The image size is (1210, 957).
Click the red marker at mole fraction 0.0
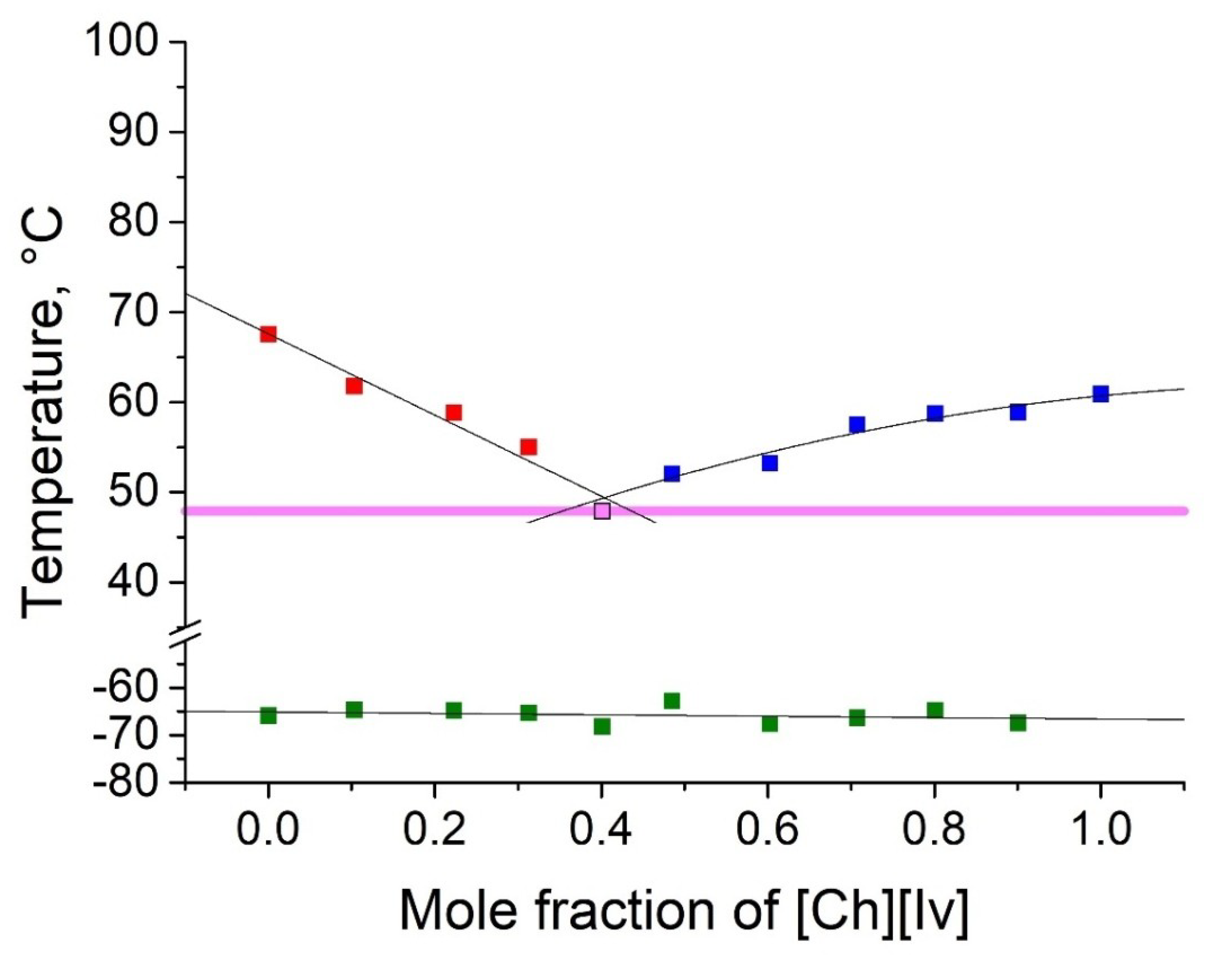point(268,334)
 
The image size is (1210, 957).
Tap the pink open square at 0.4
point(602,511)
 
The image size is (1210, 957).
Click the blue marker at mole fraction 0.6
point(770,463)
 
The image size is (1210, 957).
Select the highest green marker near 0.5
point(672,700)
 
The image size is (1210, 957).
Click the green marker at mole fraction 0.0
point(268,716)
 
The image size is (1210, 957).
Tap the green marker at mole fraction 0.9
point(1018,722)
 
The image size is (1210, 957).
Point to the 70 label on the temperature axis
point(132,312)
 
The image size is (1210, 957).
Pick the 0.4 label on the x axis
point(601,829)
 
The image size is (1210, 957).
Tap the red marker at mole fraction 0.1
point(354,386)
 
